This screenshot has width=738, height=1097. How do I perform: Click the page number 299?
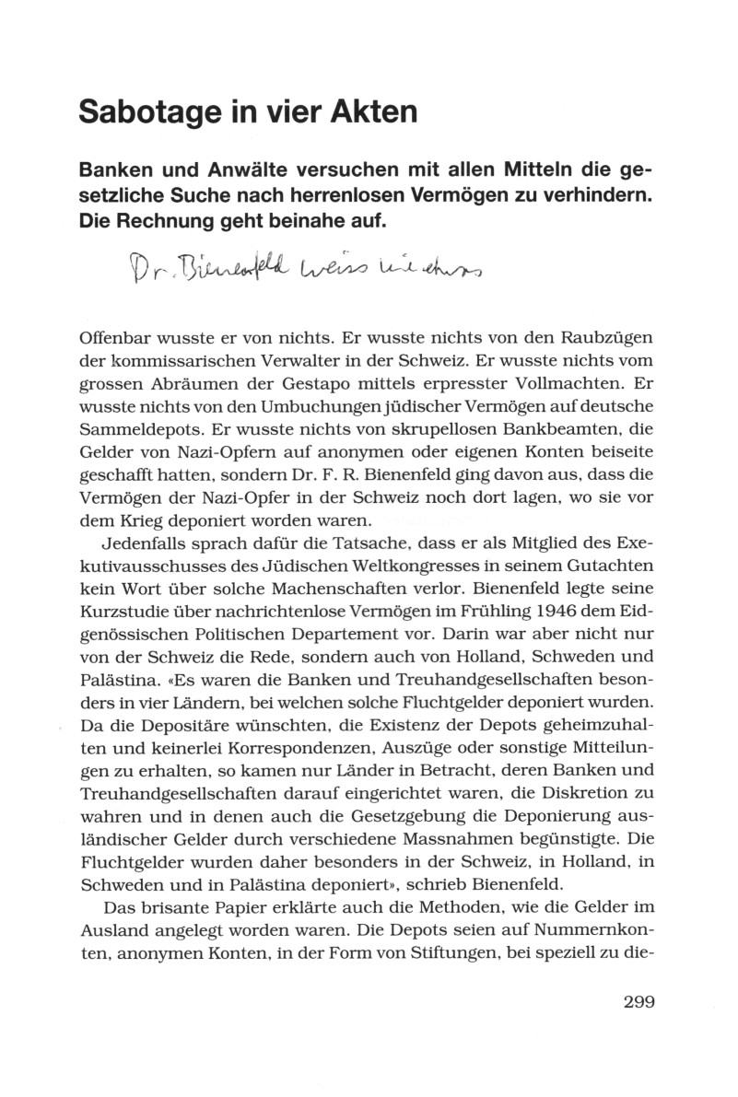pyautogui.click(x=638, y=1003)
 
